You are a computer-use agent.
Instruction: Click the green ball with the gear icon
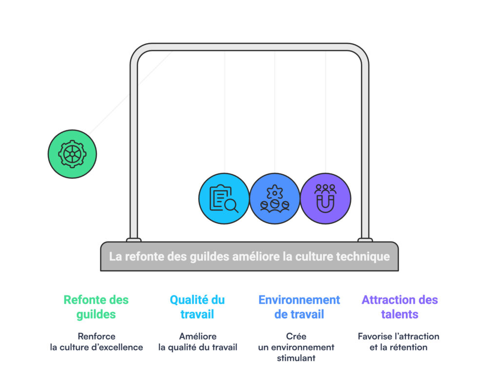[72, 154]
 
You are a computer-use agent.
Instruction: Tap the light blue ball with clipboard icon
[224, 199]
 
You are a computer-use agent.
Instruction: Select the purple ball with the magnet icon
[325, 199]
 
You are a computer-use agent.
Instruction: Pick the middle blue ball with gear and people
[275, 199]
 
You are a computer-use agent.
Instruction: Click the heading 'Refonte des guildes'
[96, 307]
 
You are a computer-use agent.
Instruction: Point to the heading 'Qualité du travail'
[197, 307]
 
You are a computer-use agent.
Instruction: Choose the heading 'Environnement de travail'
[299, 307]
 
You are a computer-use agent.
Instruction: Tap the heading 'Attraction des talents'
[400, 307]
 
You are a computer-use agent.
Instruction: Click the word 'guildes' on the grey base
[210, 257]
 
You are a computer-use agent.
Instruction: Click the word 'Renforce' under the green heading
[96, 336]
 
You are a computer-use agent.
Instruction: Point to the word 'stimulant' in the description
[296, 358]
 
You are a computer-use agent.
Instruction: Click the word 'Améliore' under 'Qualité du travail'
[198, 336]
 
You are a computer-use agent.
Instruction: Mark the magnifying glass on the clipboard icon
[231, 205]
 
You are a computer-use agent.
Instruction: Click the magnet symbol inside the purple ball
[325, 204]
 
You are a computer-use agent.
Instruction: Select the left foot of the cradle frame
[134, 240]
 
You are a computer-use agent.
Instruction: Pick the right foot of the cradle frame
[365, 240]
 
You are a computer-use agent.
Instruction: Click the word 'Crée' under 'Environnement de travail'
[296, 336]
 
